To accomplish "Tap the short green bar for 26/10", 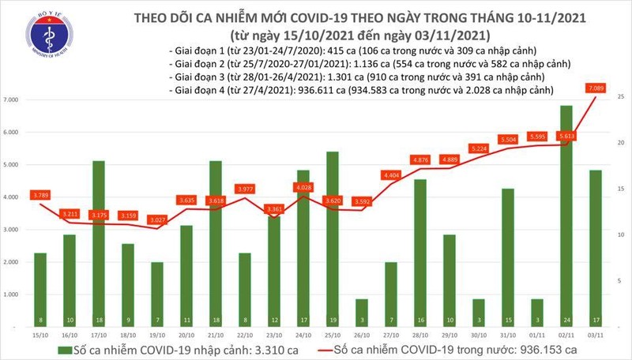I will coord(361,311).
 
